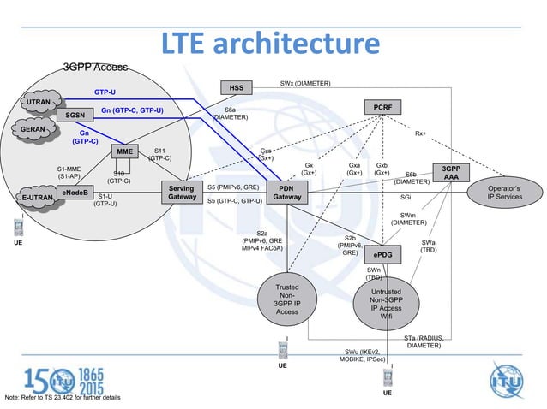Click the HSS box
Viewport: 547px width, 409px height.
click(x=236, y=87)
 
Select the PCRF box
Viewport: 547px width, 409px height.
click(x=382, y=106)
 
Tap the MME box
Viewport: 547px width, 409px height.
click(x=125, y=152)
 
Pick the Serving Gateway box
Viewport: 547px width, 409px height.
click(x=181, y=193)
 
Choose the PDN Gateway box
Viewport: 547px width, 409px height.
click(x=286, y=193)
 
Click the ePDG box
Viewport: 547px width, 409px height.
click(x=383, y=255)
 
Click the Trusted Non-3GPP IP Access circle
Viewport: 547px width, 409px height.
click(x=286, y=300)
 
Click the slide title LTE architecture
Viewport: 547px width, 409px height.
click(x=272, y=44)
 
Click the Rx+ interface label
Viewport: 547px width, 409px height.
click(x=421, y=134)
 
